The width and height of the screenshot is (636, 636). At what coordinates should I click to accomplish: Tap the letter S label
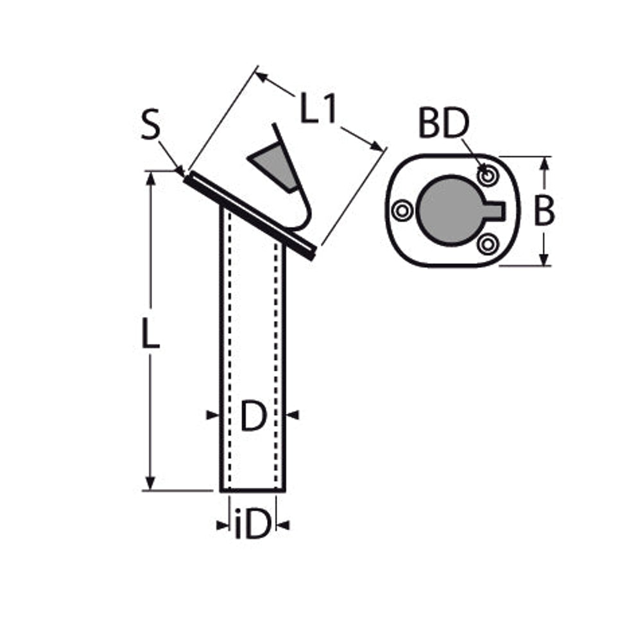pyautogui.click(x=150, y=125)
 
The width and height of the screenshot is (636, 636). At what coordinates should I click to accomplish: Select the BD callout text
pyautogui.click(x=443, y=123)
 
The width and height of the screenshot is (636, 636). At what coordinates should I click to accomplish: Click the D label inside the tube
pyautogui.click(x=254, y=415)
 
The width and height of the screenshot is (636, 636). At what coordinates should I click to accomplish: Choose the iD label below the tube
pyautogui.click(x=252, y=525)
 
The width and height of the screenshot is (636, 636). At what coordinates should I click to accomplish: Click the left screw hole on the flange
pyautogui.click(x=402, y=211)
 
